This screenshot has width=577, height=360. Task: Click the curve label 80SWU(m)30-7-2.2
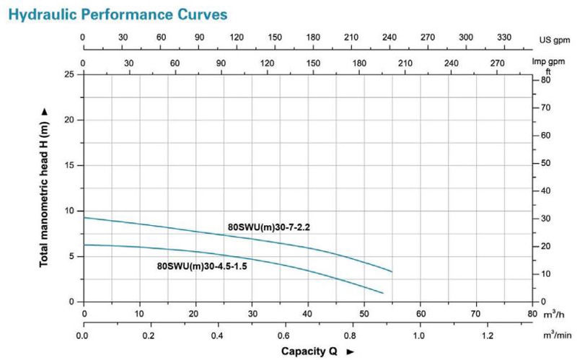(268, 227)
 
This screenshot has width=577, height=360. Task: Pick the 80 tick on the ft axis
(546, 79)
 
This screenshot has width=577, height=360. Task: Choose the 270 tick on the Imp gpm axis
(498, 63)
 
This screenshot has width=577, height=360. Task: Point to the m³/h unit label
(553, 315)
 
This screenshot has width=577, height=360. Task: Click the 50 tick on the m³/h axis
(364, 315)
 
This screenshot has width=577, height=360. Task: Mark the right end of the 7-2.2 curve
(392, 271)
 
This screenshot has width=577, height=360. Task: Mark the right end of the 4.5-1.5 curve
(382, 293)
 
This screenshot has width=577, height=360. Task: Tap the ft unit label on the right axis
(548, 71)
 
